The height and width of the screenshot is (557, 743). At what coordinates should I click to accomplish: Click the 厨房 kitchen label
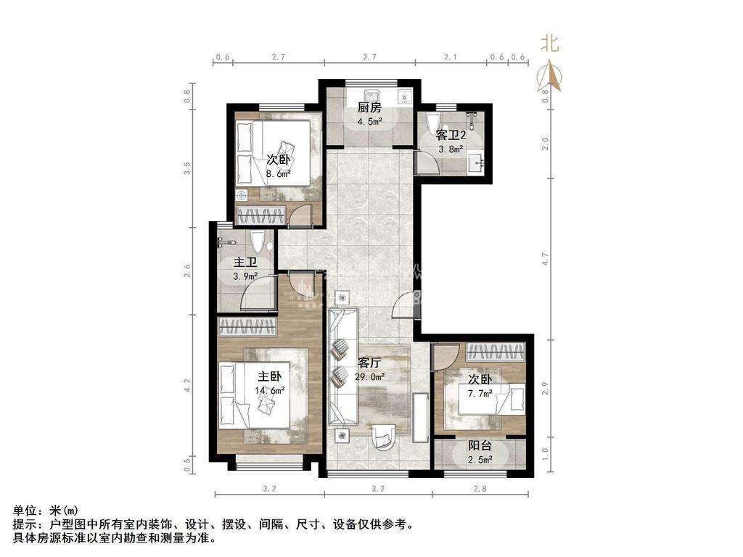pyautogui.click(x=369, y=107)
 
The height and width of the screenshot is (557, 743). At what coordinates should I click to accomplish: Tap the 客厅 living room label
pyautogui.click(x=369, y=363)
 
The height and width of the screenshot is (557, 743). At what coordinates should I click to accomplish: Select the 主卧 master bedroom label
pyautogui.click(x=270, y=376)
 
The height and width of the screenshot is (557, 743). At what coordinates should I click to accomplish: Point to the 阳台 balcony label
pyautogui.click(x=480, y=446)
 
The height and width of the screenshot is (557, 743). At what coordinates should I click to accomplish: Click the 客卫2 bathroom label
pyautogui.click(x=451, y=135)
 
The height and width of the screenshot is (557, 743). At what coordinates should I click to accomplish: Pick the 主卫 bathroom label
pyautogui.click(x=245, y=262)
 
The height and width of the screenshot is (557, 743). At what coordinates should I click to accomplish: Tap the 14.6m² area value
pyautogui.click(x=270, y=391)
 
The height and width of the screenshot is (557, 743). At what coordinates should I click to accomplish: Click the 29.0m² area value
pyautogui.click(x=369, y=376)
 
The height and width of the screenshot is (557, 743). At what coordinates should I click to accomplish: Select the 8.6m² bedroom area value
pyautogui.click(x=278, y=173)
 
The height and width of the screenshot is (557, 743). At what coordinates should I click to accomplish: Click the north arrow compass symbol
pyautogui.click(x=549, y=75)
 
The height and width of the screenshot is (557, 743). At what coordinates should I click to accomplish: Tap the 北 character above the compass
pyautogui.click(x=550, y=44)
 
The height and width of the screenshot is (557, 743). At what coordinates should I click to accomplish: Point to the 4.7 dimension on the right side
pyautogui.click(x=545, y=259)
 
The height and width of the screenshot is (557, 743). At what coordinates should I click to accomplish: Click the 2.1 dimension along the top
pyautogui.click(x=450, y=57)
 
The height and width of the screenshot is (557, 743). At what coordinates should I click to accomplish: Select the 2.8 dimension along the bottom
pyautogui.click(x=480, y=488)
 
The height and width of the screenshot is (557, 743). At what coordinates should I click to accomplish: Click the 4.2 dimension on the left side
pyautogui.click(x=188, y=385)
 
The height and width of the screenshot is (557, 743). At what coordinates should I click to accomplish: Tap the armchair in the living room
pyautogui.click(x=383, y=436)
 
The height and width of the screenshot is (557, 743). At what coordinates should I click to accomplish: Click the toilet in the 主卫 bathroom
pyautogui.click(x=258, y=241)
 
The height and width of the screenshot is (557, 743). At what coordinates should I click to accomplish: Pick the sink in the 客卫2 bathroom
pyautogui.click(x=476, y=162)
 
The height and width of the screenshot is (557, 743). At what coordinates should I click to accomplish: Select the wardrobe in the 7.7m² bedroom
pyautogui.click(x=496, y=352)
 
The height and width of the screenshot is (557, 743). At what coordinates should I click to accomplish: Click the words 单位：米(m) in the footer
pyautogui.click(x=45, y=511)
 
